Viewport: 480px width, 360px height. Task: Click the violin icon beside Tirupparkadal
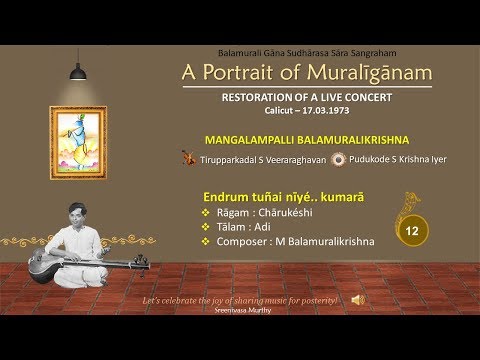click(188, 157)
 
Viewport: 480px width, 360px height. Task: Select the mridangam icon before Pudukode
click(340, 157)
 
